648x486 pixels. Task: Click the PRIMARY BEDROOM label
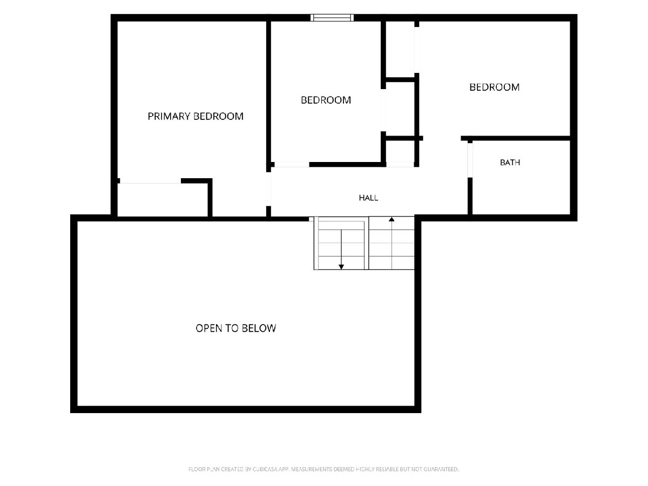pyautogui.click(x=195, y=116)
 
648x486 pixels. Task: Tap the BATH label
pyautogui.click(x=510, y=163)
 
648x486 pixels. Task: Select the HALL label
pyautogui.click(x=368, y=198)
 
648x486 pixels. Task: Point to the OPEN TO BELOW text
pyautogui.click(x=235, y=328)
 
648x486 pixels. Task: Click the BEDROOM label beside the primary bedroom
pyautogui.click(x=326, y=100)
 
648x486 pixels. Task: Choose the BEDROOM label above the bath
pyautogui.click(x=495, y=87)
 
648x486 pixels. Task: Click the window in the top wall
pyautogui.click(x=332, y=17)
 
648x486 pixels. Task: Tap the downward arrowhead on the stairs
pyautogui.click(x=341, y=267)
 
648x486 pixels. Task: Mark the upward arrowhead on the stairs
pyautogui.click(x=391, y=219)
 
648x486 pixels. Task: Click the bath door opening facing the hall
pyautogui.click(x=470, y=160)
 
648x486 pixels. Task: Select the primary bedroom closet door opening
pyautogui.click(x=150, y=181)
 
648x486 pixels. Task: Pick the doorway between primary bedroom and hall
pyautogui.click(x=268, y=189)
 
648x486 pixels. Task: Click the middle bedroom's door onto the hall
pyautogui.click(x=292, y=164)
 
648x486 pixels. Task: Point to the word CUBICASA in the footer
pyautogui.click(x=266, y=469)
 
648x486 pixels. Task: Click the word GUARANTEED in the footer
pyautogui.click(x=441, y=469)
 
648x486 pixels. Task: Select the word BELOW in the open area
pyautogui.click(x=259, y=328)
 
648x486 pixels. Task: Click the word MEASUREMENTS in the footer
pyautogui.click(x=312, y=469)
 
